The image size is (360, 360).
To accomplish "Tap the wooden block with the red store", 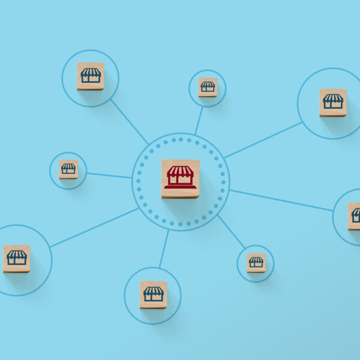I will tap(180, 178).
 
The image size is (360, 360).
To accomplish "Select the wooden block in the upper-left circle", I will tap(91, 76).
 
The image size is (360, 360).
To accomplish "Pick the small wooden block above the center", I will tap(208, 88).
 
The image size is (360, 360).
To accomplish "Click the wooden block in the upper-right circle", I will tap(333, 102).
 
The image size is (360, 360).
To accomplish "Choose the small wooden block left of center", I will tap(68, 169).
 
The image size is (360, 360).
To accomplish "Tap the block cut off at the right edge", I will tap(354, 216).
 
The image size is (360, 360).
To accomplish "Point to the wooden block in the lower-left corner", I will tap(17, 259).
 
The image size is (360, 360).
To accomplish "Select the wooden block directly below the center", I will tap(154, 295).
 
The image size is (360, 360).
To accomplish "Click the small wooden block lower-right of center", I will tap(256, 263).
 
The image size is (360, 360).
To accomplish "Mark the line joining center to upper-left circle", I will tap(129, 122).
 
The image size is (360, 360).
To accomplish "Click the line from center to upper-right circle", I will tap(263, 140).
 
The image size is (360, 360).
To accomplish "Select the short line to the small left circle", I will tap(109, 175).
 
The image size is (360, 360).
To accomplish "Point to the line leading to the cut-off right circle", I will tap(281, 200).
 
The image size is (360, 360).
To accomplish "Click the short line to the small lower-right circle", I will tap(232, 232).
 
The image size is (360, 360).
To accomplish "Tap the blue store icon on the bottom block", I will tap(154, 293).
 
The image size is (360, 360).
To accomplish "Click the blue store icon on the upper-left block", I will tap(91, 75).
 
